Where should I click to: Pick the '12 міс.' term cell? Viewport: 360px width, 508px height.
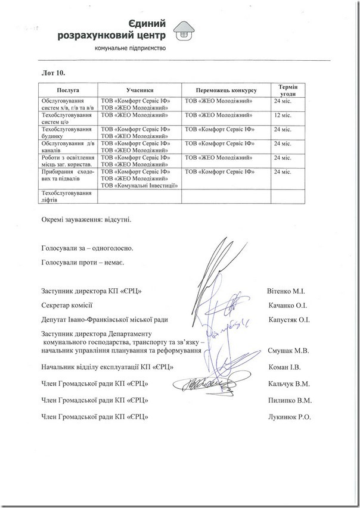click(283, 115)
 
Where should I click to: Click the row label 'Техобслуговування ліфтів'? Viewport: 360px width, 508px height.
click(66, 197)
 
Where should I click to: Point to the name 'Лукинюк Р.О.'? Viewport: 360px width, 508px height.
click(290, 417)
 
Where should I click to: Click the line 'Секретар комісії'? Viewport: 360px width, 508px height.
click(67, 306)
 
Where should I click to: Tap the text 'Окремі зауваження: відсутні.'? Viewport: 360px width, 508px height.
click(86, 219)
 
